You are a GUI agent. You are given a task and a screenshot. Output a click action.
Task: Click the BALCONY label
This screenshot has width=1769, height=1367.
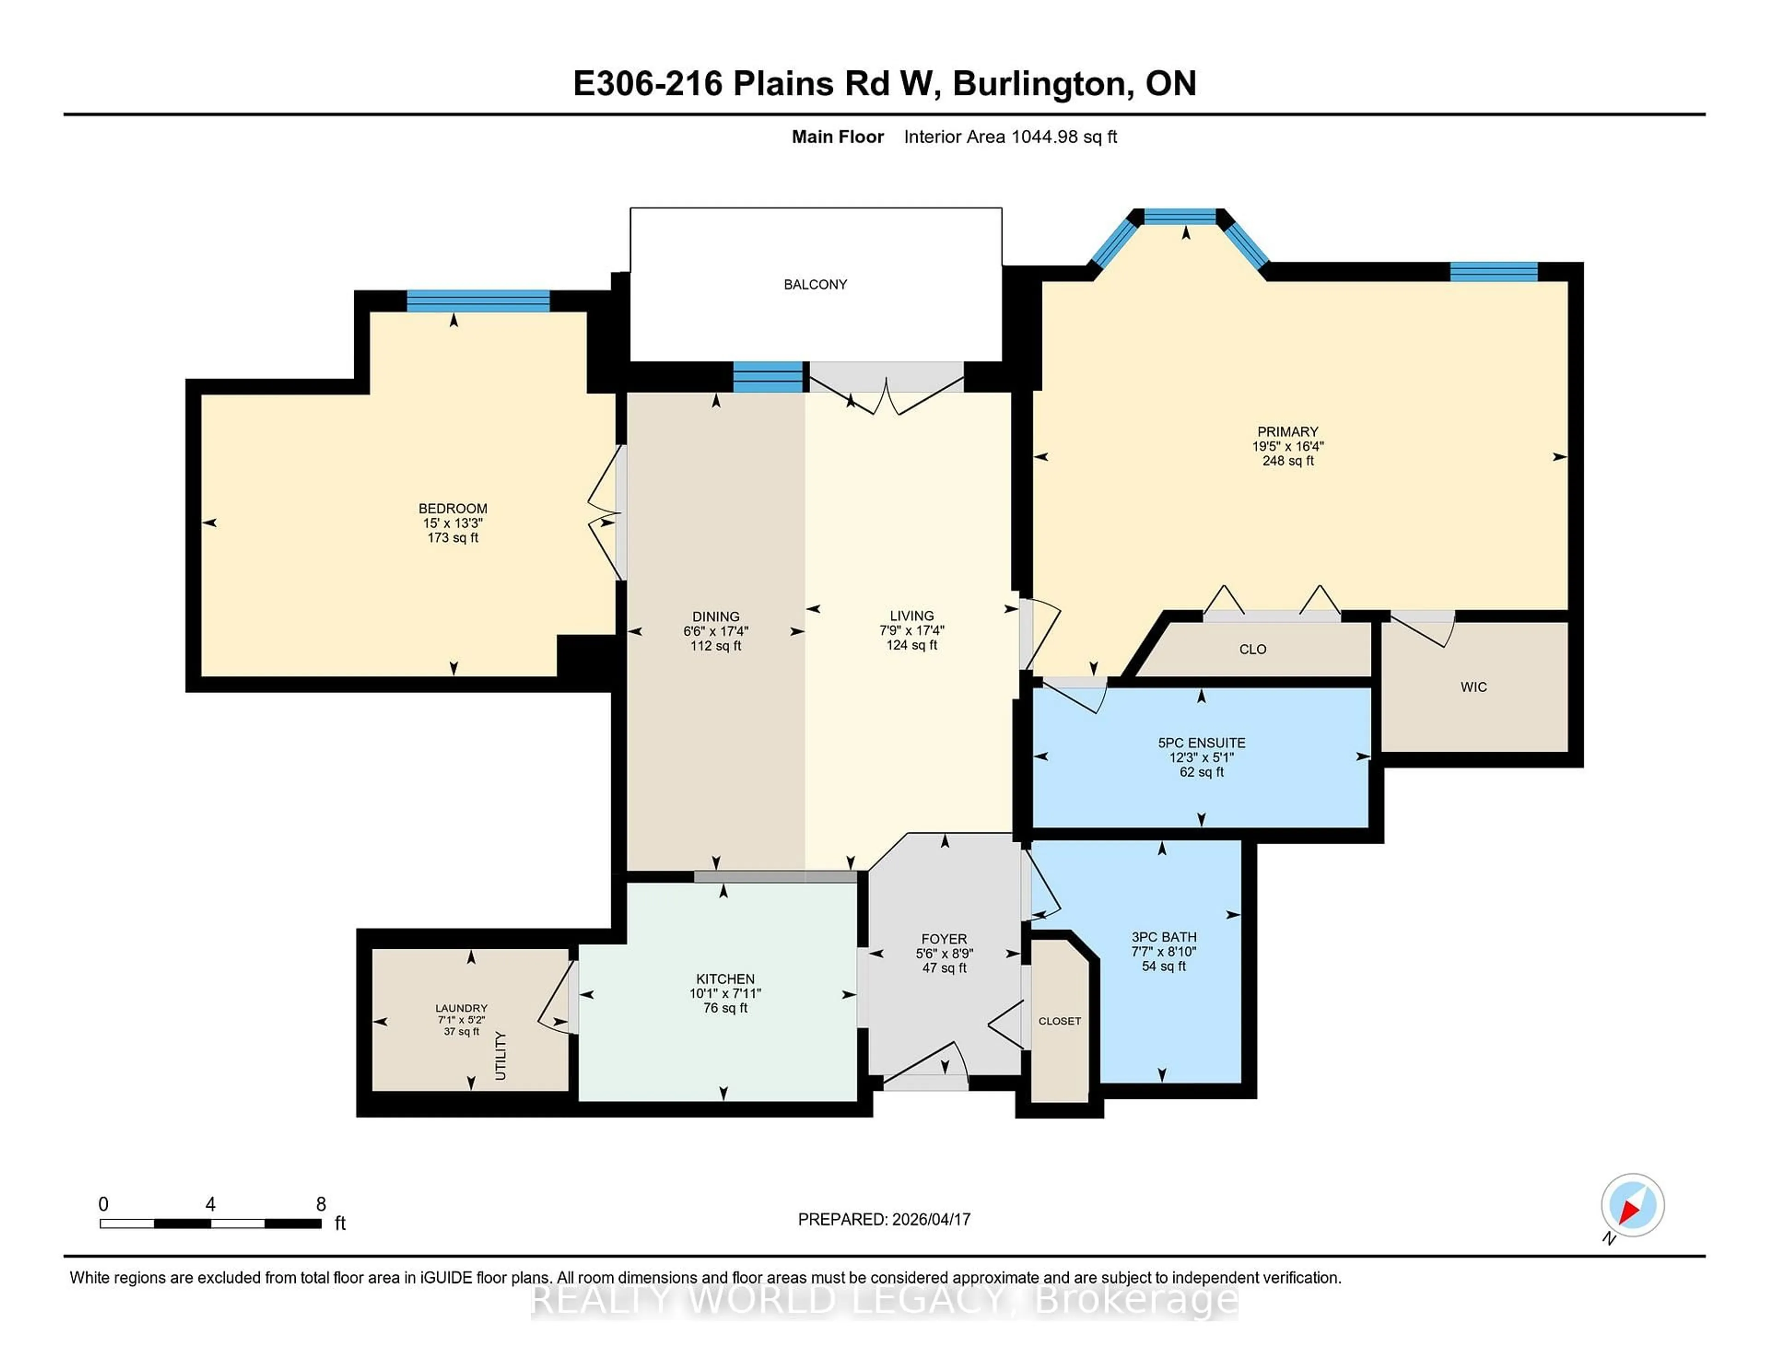tap(815, 284)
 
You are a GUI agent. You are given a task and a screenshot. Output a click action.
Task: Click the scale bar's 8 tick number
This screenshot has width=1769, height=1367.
tap(321, 1204)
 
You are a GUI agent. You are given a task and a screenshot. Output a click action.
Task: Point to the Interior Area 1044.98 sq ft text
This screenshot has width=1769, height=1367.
tap(1010, 137)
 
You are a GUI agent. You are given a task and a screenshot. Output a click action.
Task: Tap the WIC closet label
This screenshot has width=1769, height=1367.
tap(1473, 687)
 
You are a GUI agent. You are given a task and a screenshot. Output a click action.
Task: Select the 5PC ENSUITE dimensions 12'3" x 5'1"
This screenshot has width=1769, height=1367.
tap(1201, 757)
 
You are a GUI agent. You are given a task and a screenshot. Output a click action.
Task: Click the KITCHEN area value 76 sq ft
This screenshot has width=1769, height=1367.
tap(725, 1008)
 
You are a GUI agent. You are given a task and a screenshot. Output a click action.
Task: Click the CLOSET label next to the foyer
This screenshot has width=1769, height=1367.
tap(1060, 1021)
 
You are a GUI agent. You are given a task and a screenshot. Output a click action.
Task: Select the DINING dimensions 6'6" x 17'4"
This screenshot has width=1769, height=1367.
tap(715, 631)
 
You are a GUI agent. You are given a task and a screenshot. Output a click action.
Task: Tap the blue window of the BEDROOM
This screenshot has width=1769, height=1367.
tap(478, 300)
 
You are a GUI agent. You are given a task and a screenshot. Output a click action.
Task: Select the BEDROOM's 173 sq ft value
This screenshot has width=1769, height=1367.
tap(453, 538)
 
